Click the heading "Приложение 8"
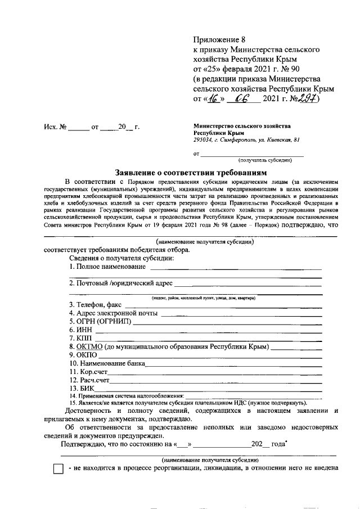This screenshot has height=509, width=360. coord(220,39)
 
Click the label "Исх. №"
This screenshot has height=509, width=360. coord(56,128)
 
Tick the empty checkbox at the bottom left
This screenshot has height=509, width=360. coord(58,469)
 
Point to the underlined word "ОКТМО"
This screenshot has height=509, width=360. coord(89,347)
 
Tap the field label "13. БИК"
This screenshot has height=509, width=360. coord(82,388)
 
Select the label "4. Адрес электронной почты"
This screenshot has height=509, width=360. coord(114,313)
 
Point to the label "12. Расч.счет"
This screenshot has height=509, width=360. coord(89,381)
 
